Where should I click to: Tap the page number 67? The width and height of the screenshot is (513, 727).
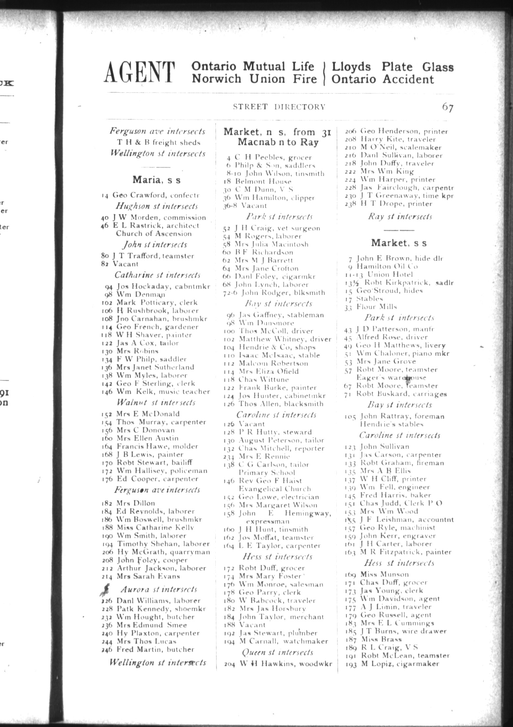point(448,107)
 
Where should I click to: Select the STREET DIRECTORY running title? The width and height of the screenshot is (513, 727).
point(279,107)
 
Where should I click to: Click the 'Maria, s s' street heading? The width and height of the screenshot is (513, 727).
point(157,180)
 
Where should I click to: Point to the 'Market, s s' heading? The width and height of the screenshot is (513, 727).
point(399,243)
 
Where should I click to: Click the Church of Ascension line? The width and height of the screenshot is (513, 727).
point(154,234)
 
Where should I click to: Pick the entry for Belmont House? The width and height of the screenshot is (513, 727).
point(263,181)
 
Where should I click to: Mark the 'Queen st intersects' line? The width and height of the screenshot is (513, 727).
point(278,652)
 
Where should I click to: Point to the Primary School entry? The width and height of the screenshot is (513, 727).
point(267,472)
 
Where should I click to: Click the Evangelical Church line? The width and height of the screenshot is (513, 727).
point(275,489)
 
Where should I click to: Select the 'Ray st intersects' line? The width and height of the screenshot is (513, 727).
point(400,217)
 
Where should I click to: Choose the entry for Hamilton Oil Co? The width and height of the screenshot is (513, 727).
point(387,266)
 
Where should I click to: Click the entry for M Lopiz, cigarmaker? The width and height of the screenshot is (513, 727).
point(400,663)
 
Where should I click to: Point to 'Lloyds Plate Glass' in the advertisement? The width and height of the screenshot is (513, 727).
point(392,67)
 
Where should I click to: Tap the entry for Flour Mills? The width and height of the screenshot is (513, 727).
point(377,307)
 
